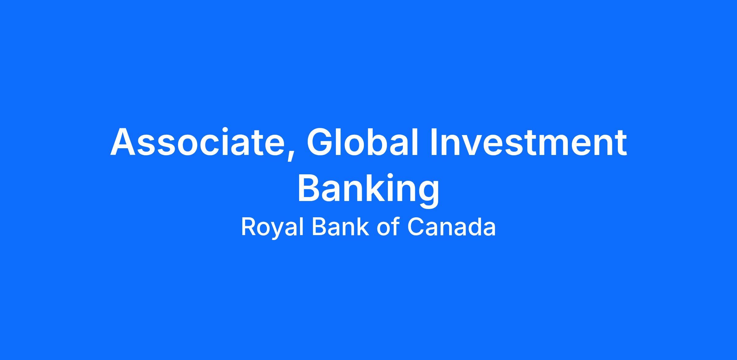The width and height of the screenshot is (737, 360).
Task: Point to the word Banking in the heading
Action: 368,188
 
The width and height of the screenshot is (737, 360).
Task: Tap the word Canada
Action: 452,227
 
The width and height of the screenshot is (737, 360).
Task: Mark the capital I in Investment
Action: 434,142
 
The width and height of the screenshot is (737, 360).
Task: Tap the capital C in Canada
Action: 415,227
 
